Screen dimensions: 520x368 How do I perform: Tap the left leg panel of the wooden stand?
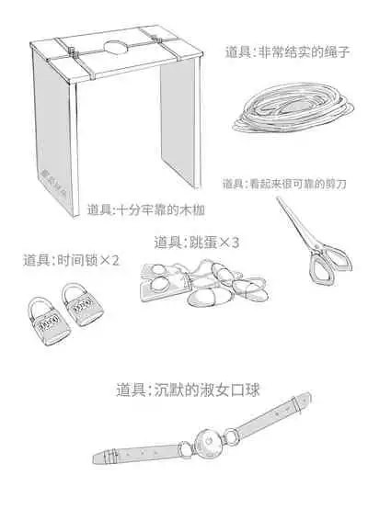pyautogui.click(x=55, y=138)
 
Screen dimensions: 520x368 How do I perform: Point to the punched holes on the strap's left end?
pyautogui.click(x=124, y=454)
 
